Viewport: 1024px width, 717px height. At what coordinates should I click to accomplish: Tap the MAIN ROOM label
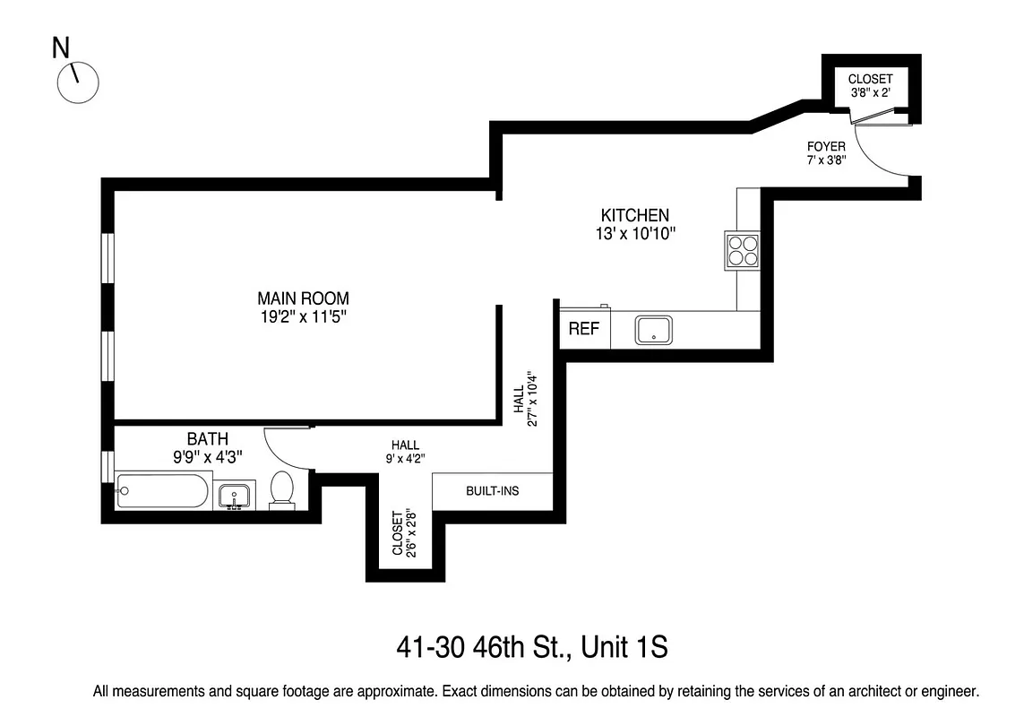point(303,298)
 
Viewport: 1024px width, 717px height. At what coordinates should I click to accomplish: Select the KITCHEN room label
point(634,215)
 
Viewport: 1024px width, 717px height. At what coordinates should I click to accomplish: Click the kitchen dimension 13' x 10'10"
point(634,234)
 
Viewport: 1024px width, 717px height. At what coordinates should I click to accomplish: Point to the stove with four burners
point(742,249)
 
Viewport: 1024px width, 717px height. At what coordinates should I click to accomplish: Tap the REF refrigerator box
point(584,329)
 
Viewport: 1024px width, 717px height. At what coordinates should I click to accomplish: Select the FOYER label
point(826,146)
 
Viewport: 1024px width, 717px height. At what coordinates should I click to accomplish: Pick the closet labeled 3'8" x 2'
point(870,86)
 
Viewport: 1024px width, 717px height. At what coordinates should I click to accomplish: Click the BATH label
point(207,439)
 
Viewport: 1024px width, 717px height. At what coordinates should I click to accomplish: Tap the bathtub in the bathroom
point(162,491)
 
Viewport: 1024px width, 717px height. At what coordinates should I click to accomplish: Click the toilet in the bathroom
point(281,489)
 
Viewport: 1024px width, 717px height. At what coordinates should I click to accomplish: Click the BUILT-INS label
point(492,491)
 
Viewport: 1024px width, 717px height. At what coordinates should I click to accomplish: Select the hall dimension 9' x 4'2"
point(405,458)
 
